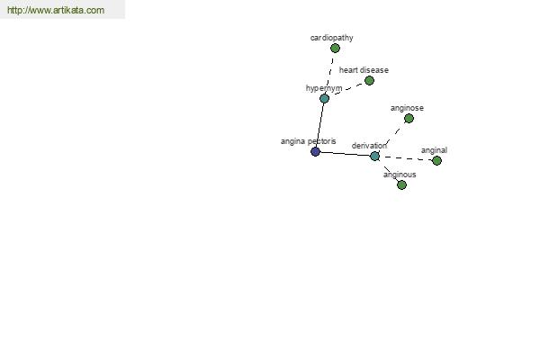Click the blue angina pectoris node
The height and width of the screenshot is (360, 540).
pos(316,151)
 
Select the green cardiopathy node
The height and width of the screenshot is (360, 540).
pos(335,49)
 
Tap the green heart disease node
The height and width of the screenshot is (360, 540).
pos(369,81)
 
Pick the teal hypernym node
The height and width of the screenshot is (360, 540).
pos(324,98)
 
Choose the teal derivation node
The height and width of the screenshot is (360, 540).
pos(374,156)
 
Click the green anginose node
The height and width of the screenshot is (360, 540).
pos(409,119)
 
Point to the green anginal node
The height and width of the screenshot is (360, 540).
pos(436,160)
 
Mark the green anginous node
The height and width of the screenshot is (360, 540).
pos(401,185)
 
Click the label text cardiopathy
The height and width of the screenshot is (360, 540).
pos(331,38)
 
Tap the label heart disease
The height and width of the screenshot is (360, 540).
pos(364,70)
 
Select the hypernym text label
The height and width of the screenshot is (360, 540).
pos(324,88)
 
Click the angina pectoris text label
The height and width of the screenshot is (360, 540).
pos(308,141)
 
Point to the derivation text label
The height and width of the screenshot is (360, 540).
pos(369,146)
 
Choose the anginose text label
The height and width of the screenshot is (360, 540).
pos(407,108)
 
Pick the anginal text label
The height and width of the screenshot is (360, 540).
pos(434,150)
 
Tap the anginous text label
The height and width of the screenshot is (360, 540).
pos(400,175)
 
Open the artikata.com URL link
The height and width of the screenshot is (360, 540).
pos(56,10)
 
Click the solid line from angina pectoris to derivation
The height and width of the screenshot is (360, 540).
pos(345,154)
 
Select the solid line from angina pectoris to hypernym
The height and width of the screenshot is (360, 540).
pos(319,125)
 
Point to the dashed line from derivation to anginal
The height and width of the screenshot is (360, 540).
pos(406,158)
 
